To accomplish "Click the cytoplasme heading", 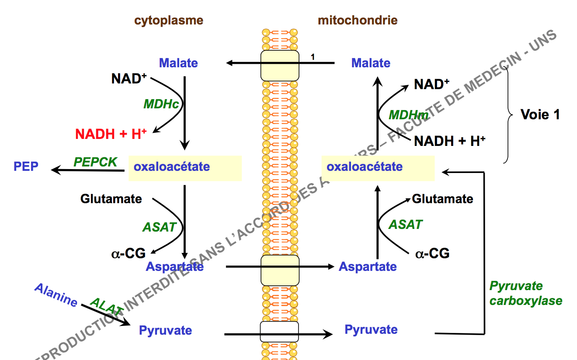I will (168, 20).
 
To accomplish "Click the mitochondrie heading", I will (358, 20).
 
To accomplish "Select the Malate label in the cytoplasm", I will (178, 63).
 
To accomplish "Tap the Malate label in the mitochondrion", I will (371, 63).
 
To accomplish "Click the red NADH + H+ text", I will (111, 134).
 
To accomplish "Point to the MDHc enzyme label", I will (162, 104).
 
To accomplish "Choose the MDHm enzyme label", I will (408, 115).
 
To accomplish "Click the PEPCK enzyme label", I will (95, 162).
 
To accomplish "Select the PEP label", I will (26, 166).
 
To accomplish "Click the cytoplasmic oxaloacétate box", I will (185, 168).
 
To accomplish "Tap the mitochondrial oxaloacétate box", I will (378, 168).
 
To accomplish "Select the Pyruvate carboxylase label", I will (525, 294).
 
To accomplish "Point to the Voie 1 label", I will (540, 114).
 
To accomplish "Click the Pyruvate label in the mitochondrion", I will (371, 329).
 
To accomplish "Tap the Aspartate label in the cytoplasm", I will (175, 267).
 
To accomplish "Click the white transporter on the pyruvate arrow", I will (279, 332).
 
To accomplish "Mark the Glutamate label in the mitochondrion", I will (442, 199).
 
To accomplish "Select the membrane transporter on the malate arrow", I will (280, 65).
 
